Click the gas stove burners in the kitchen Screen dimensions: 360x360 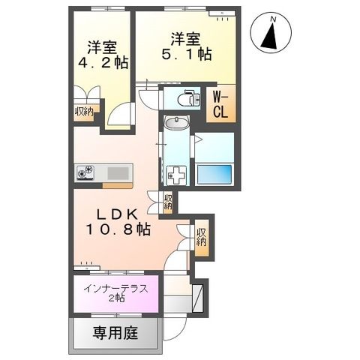[x=85, y=173]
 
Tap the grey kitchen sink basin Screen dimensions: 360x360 [x=118, y=173]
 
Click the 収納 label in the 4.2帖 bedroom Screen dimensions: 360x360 [x=83, y=112]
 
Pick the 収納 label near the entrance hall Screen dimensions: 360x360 [x=201, y=237]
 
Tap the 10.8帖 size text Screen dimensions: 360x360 [x=115, y=229]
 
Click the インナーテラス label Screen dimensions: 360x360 [x=115, y=287]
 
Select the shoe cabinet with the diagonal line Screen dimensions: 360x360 [x=198, y=296]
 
